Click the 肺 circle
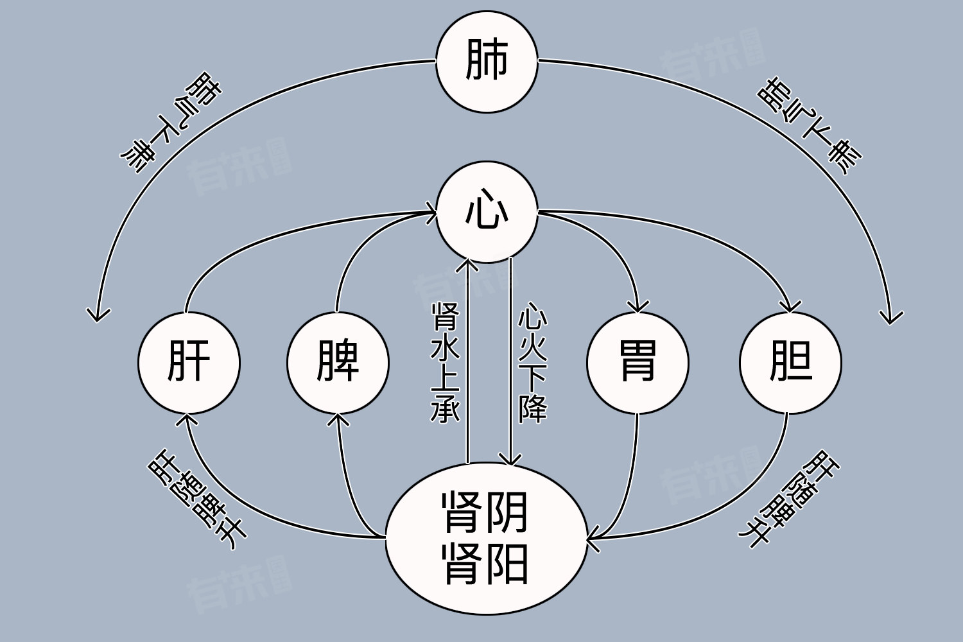(487, 62)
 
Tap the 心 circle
(487, 212)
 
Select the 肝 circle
(189, 363)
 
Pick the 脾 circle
(338, 363)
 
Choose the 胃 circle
(638, 363)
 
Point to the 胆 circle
(790, 363)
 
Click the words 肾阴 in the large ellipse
(485, 512)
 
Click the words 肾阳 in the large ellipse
(485, 564)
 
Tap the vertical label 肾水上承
(445, 363)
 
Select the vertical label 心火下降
(533, 363)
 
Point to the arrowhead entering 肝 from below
(187, 419)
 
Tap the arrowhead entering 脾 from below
(338, 419)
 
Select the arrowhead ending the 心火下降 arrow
(510, 460)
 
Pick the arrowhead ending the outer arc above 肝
(98, 315)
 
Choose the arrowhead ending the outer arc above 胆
(891, 317)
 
